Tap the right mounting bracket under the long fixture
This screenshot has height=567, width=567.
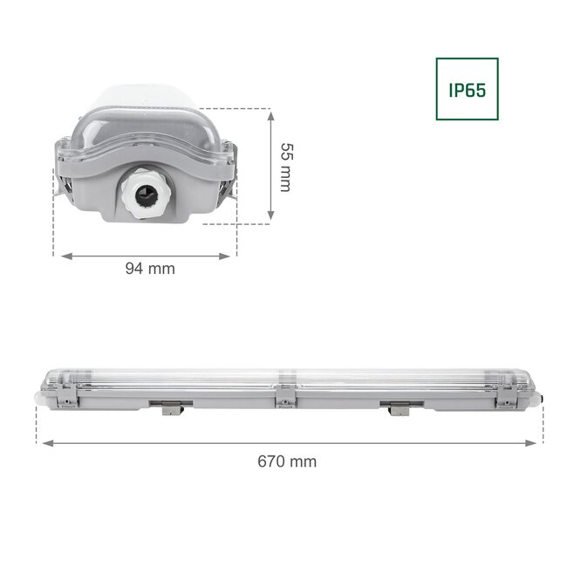(400, 406)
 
